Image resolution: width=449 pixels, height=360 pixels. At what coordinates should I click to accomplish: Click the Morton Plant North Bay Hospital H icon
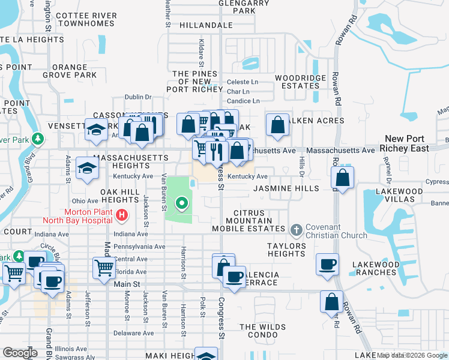coord(122,214)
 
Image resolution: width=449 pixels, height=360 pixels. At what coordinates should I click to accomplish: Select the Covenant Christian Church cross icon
coord(295,230)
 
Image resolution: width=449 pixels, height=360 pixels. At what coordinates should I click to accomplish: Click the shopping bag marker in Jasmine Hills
coord(342,178)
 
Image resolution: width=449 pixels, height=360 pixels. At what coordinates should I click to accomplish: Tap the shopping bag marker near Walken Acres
coord(277,125)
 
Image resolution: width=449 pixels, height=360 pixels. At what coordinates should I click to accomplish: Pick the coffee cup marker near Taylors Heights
coord(328,265)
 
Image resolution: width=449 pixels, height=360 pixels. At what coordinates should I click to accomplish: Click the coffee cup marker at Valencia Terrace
coord(234,277)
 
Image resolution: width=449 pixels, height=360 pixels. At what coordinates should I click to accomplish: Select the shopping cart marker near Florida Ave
coord(104,268)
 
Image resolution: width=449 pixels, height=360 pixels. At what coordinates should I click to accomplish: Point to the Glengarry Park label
coord(244,7)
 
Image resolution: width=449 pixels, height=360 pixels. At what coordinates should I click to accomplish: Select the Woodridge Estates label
coord(300,82)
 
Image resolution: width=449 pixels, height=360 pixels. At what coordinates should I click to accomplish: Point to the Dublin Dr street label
coord(139,97)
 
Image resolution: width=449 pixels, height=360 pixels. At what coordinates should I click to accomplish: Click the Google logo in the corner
coord(20,352)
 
